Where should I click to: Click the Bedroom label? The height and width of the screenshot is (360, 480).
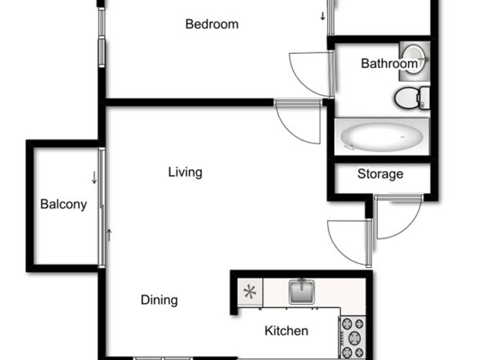(x=212, y=24)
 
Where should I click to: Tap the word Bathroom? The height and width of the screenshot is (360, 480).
(x=389, y=64)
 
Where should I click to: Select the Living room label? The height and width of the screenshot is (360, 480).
(x=185, y=172)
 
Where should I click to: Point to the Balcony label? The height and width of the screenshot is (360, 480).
(x=64, y=205)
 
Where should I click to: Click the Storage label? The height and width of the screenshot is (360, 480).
(x=380, y=174)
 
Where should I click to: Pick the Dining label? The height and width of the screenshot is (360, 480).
(x=159, y=300)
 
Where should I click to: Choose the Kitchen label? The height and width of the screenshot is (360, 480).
(x=286, y=331)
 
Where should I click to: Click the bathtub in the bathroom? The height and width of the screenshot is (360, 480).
(x=382, y=137)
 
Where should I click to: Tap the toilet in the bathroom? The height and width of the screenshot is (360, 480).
(x=412, y=98)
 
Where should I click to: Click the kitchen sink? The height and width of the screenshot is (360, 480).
(x=302, y=291)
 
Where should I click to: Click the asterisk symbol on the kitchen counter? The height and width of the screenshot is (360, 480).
(x=250, y=292)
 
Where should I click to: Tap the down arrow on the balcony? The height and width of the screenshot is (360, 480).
(x=94, y=178)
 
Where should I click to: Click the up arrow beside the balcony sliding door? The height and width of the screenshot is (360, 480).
(x=109, y=235)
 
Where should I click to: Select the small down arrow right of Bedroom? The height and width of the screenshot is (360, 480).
(x=323, y=16)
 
